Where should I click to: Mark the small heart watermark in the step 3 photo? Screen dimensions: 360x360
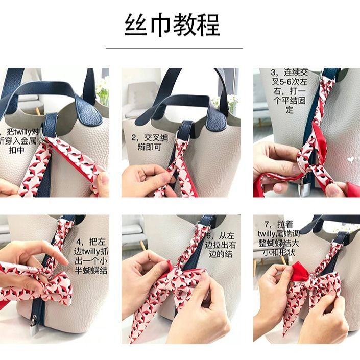tap(349, 159)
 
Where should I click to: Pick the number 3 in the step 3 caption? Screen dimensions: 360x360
tap(274, 73)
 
